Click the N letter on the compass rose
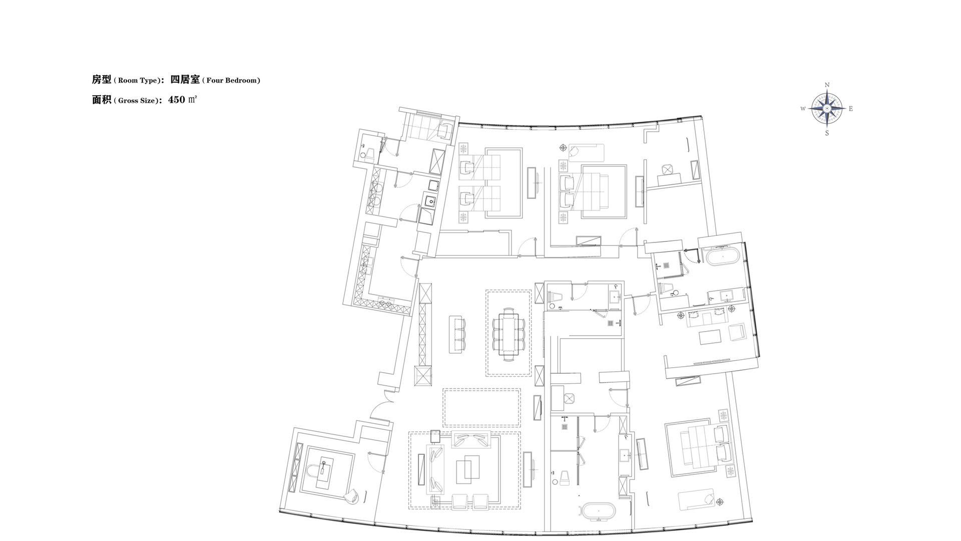[827, 85]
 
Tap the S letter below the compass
[827, 133]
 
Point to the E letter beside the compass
[850, 109]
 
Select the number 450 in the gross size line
[177, 99]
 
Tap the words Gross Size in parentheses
[137, 100]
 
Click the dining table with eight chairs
[509, 333]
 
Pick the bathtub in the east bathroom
[721, 256]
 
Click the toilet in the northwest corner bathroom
[368, 153]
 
